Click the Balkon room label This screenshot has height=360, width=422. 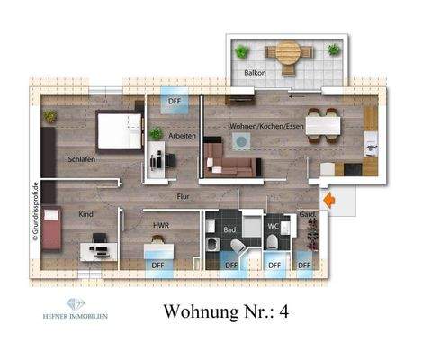256,72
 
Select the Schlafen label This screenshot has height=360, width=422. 81,159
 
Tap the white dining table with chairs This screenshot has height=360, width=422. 322,123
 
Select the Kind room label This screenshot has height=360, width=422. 85,215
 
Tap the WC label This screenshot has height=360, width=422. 274,226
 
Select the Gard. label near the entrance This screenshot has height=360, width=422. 307,215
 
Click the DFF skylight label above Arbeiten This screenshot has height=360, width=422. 174,102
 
